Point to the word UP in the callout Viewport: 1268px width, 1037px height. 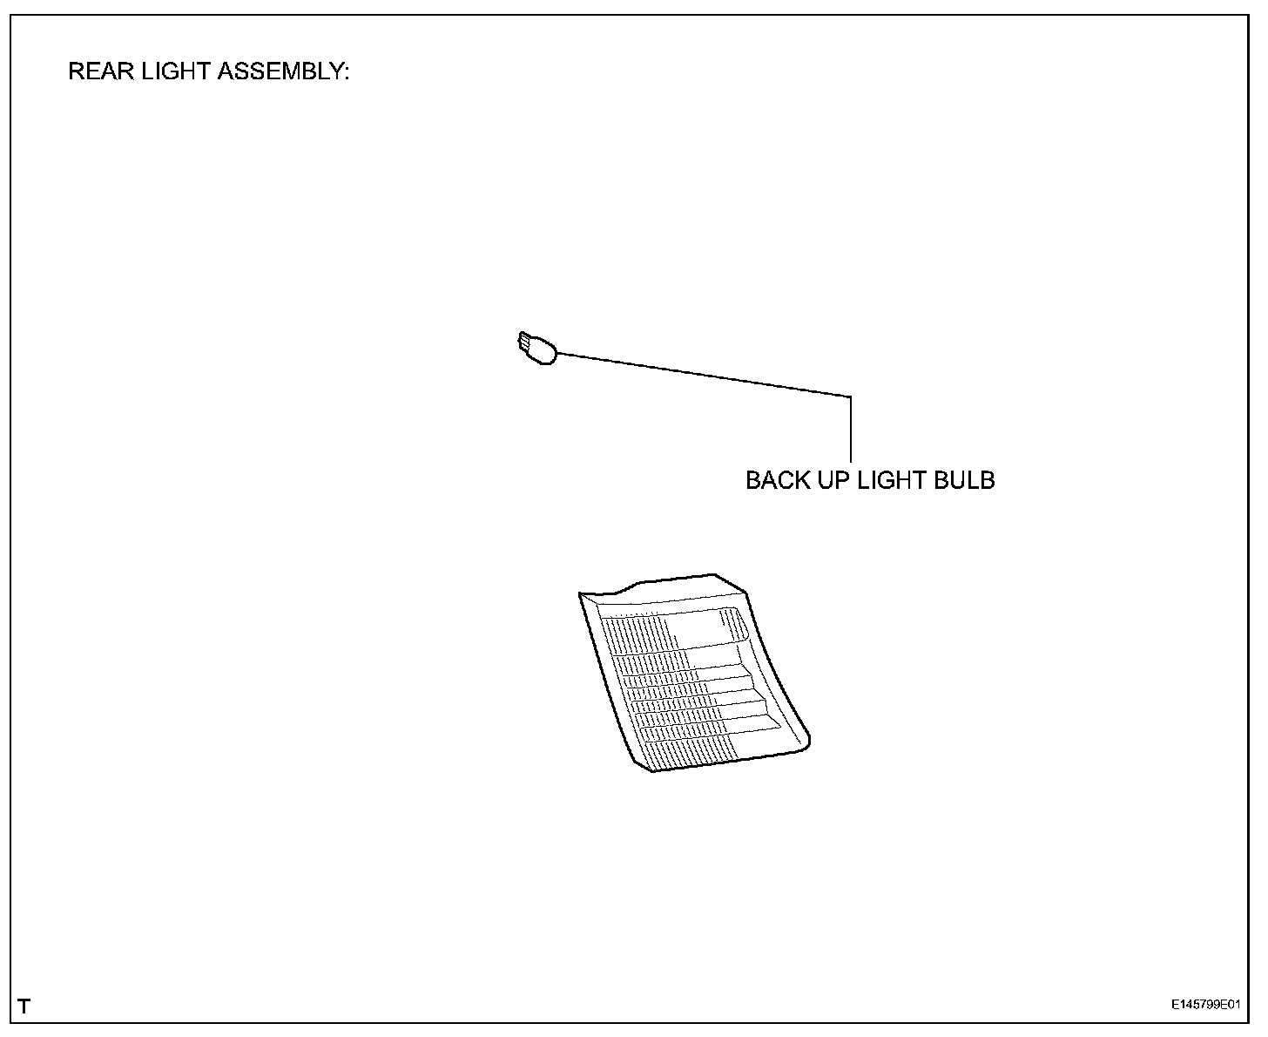(830, 480)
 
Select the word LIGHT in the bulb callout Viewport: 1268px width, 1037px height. (892, 480)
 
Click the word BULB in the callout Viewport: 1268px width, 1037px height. (964, 480)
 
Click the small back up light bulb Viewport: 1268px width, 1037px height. (536, 349)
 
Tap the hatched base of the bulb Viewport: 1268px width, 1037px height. (523, 342)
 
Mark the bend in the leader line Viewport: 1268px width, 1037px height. (850, 396)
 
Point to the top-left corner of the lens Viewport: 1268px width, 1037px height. (581, 594)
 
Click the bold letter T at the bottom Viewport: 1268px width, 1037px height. (24, 1006)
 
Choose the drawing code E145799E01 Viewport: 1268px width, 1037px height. (1205, 1005)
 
